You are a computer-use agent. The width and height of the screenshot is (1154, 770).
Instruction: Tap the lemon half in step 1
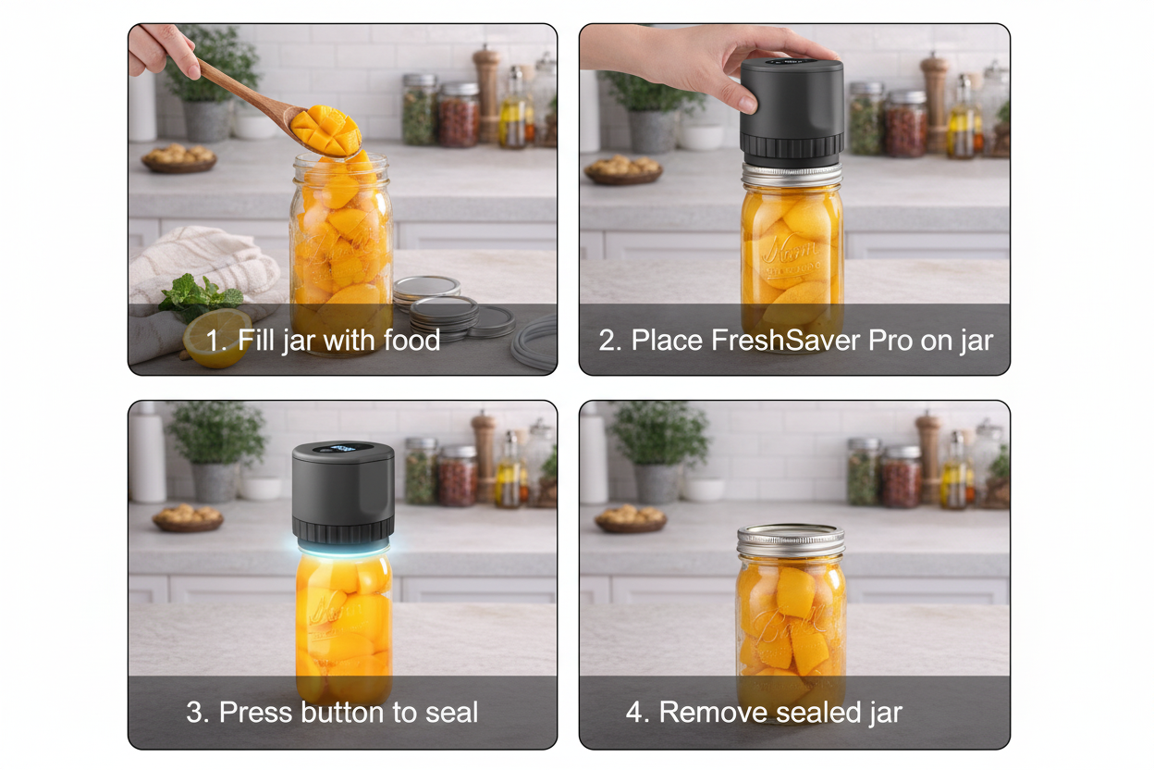click(217, 338)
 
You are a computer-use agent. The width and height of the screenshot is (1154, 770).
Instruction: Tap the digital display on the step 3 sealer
click(342, 448)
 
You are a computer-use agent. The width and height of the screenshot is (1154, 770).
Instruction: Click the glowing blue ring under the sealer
click(344, 550)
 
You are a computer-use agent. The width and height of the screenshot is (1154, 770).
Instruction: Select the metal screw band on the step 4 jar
click(791, 541)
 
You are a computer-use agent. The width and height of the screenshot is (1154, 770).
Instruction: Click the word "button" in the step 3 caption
click(342, 713)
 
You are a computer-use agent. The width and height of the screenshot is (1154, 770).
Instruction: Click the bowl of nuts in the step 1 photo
click(178, 158)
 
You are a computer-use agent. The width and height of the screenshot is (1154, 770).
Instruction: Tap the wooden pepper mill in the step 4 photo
click(929, 460)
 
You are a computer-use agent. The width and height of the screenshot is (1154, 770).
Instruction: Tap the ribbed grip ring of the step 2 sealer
click(792, 145)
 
